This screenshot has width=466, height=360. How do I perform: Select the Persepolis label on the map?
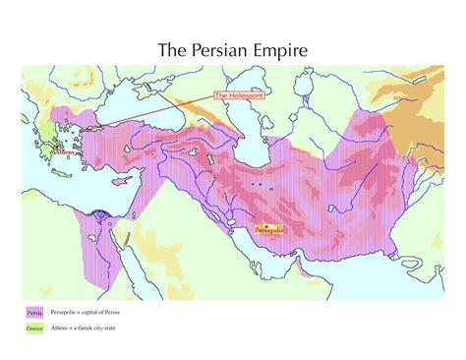[x=268, y=229]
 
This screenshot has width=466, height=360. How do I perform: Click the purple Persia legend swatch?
[x=33, y=312]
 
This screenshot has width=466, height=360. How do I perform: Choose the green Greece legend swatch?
[x=33, y=327]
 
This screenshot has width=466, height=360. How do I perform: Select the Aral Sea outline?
[x=296, y=103]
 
